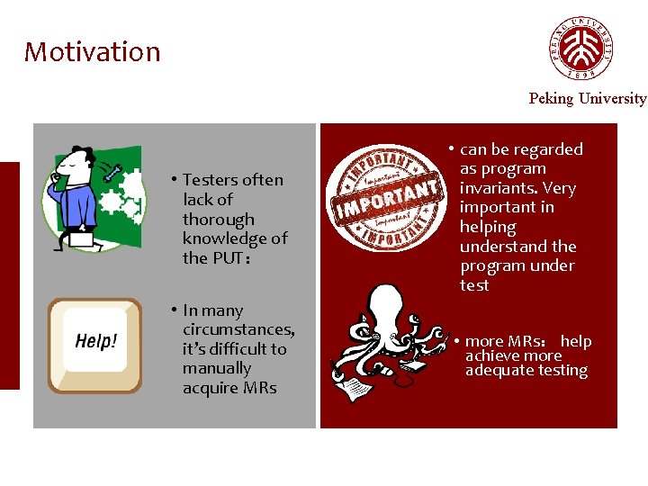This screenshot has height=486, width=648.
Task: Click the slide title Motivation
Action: [x=92, y=52]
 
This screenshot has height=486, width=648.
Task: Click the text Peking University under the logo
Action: [x=587, y=98]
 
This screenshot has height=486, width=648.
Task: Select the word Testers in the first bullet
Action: [x=211, y=180]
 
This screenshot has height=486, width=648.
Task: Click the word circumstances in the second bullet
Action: [x=238, y=329]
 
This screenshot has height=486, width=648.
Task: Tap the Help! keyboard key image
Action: [x=95, y=345]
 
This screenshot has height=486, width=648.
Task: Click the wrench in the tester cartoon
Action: [x=112, y=172]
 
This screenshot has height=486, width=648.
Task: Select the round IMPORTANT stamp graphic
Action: [x=384, y=199]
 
